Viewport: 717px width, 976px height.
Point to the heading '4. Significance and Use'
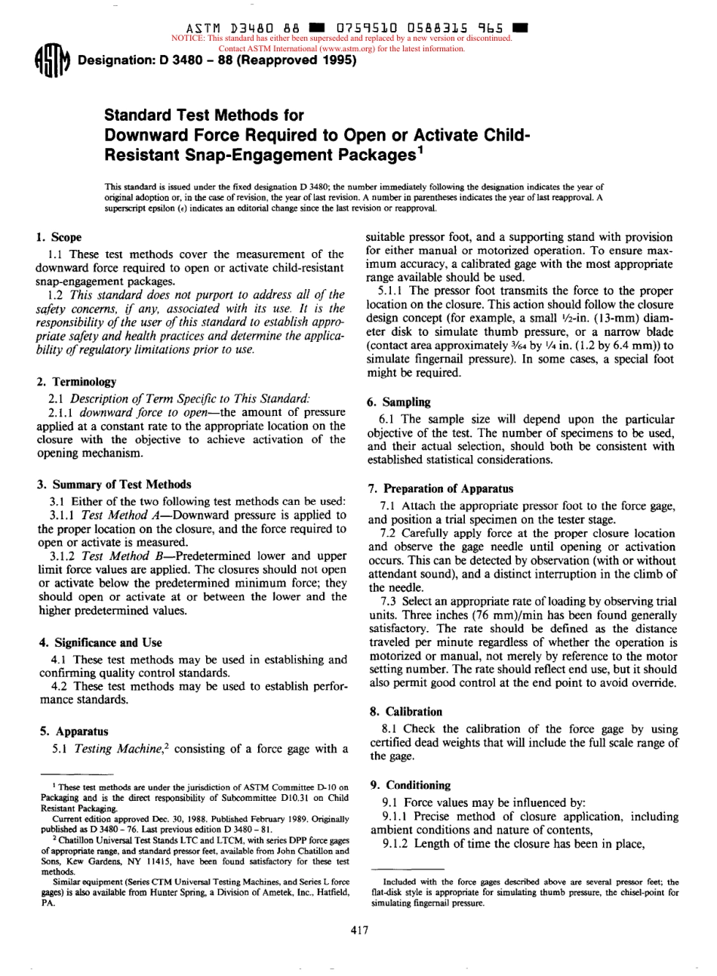tap(100, 642)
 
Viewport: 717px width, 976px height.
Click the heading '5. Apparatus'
tap(72, 731)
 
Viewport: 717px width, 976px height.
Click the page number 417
tap(359, 930)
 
